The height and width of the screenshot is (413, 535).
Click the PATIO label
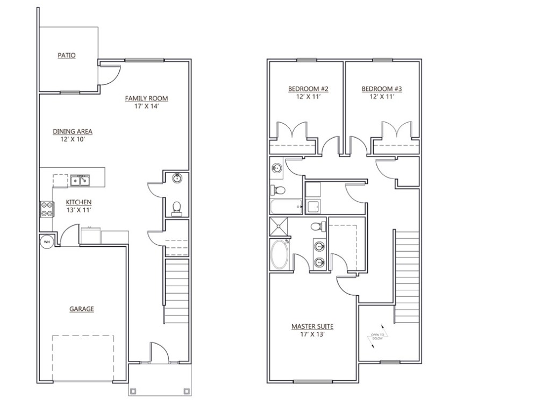pyautogui.click(x=67, y=55)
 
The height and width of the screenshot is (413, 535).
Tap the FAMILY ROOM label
pyautogui.click(x=146, y=98)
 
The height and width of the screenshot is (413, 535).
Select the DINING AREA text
pyautogui.click(x=73, y=131)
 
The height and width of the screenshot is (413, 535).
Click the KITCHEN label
pyautogui.click(x=79, y=202)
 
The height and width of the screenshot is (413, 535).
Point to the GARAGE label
pyautogui.click(x=82, y=309)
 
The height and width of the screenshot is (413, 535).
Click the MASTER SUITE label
pyautogui.click(x=312, y=326)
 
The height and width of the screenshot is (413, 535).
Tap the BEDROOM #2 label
pyautogui.click(x=308, y=89)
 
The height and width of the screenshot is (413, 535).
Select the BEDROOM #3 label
pyautogui.click(x=382, y=89)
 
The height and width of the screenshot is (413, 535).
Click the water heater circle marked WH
pyautogui.click(x=46, y=241)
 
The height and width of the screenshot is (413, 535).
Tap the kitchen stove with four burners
pyautogui.click(x=46, y=209)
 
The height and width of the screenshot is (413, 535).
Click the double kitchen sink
pyautogui.click(x=81, y=181)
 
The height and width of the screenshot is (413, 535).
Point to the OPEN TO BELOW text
pyautogui.click(x=377, y=337)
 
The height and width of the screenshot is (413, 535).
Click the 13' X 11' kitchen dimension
pyautogui.click(x=79, y=210)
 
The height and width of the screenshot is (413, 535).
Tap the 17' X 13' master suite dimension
pyautogui.click(x=312, y=334)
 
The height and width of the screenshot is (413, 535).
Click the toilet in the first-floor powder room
pyautogui.click(x=176, y=207)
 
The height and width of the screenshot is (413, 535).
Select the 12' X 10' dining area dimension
pyautogui.click(x=73, y=139)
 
